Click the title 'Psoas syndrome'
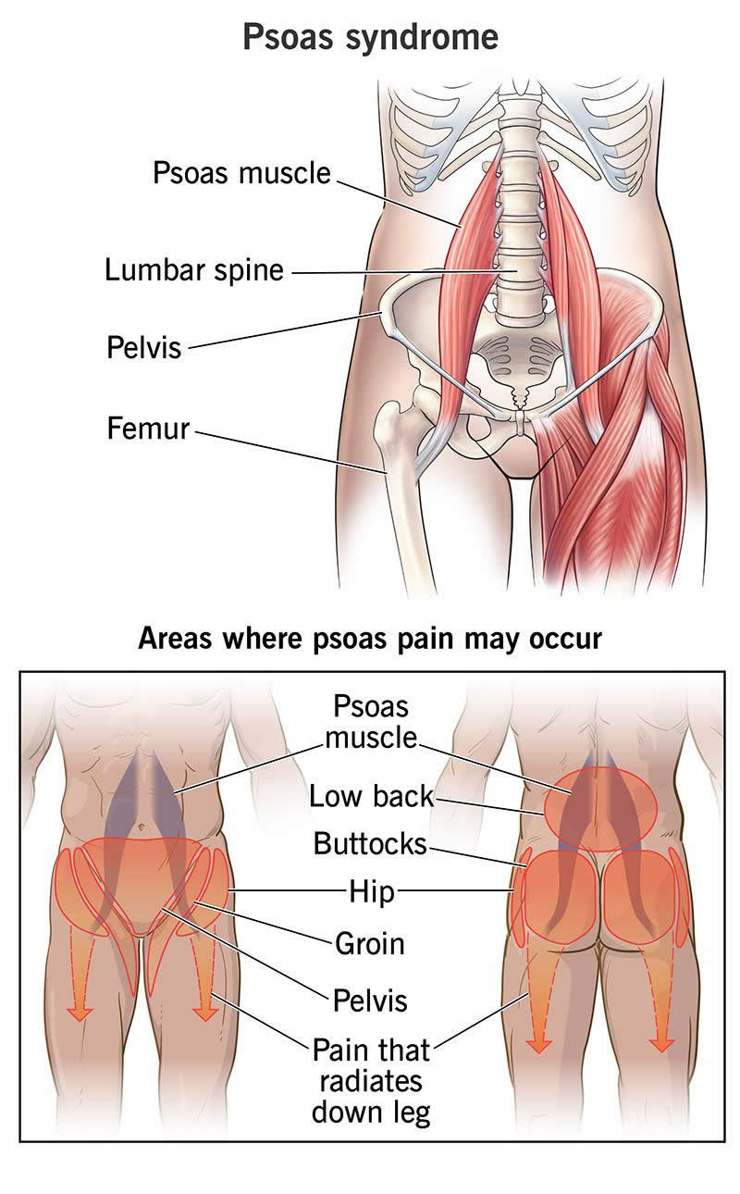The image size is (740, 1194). pos(370,37)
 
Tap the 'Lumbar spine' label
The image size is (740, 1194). pos(194,270)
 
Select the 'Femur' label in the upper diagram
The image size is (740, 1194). pos(148,429)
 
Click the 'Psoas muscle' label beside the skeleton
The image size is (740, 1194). pos(241,173)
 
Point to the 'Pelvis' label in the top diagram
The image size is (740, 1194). pos(144,347)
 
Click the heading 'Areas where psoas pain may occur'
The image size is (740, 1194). pos(370,638)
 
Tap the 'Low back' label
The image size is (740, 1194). pos(372,796)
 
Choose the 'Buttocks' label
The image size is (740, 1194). pos(370,844)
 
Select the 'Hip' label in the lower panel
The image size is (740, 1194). pos(371,891)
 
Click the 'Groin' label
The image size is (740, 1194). pos(370,943)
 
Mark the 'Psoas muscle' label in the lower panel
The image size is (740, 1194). pos(371,722)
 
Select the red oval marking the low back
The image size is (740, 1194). pos(600,809)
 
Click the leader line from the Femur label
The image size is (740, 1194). pos(290,452)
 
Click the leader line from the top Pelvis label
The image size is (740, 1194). pos(284,330)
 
